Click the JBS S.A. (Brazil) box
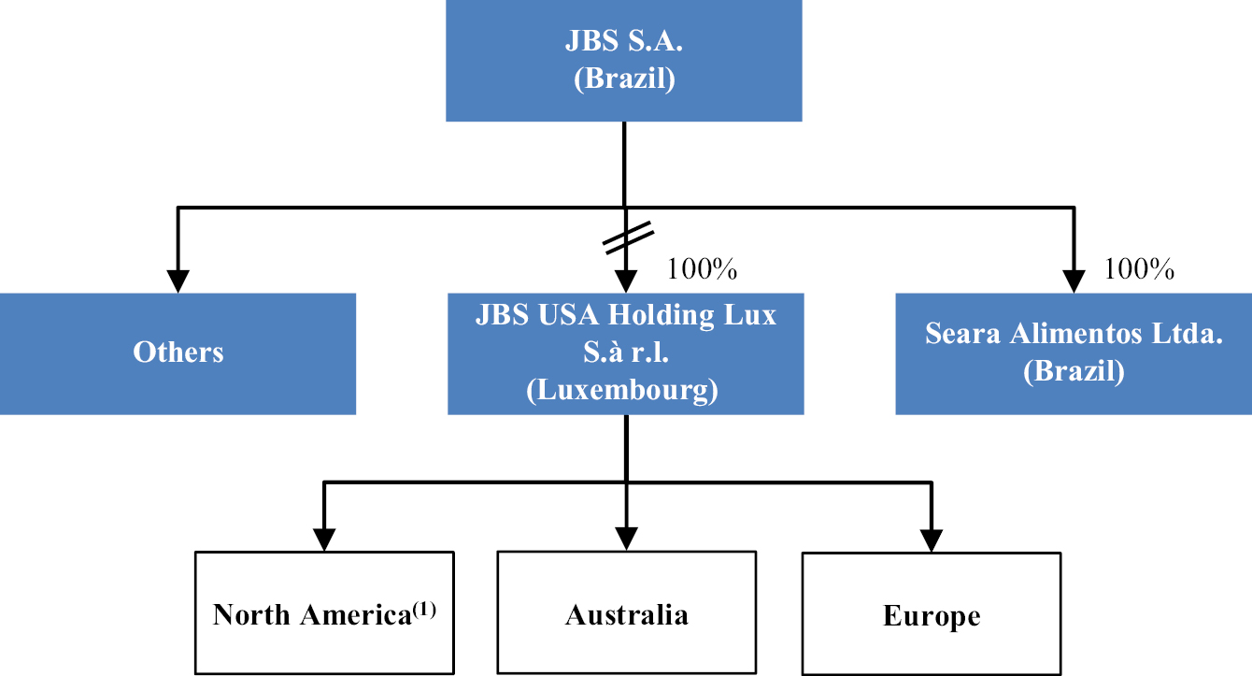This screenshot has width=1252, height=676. point(623,60)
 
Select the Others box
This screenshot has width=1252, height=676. point(178,352)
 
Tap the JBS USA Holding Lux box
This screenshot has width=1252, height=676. point(625,352)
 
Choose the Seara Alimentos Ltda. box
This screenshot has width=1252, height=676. point(1074,352)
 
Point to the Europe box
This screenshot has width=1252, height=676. point(932,612)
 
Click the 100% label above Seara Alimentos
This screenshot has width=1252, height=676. point(1139,270)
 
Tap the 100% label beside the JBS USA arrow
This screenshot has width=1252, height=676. point(702,270)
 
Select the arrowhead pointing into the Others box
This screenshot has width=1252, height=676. point(178,280)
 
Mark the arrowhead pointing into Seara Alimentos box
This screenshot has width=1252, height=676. point(1074,280)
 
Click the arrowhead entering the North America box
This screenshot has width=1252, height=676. point(324,539)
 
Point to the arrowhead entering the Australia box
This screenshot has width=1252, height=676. point(626,539)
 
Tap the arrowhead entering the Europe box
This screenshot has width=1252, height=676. point(932,540)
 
